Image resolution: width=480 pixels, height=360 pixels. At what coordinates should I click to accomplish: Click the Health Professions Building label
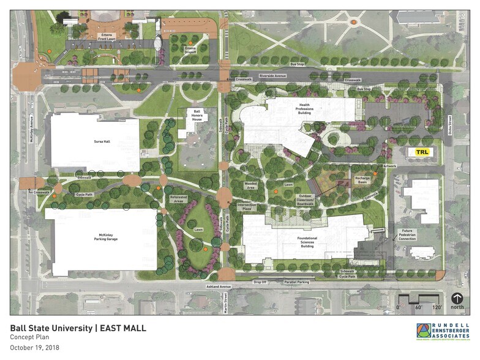304,110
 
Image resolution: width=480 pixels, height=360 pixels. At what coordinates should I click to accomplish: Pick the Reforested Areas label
179,198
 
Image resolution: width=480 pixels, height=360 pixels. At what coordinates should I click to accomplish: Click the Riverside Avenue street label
272,76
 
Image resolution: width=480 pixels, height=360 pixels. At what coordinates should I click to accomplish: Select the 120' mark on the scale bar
437,307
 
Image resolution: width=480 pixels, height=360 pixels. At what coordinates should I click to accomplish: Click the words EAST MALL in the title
122,328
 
